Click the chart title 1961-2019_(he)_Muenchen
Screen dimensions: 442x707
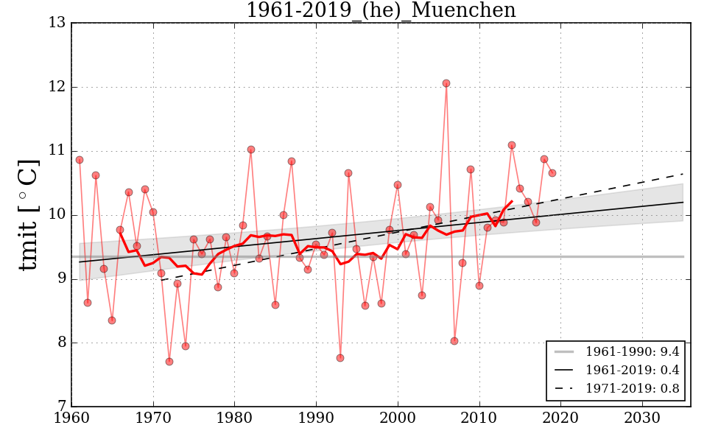click(381, 11)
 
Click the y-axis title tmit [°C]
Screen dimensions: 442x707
click(28, 214)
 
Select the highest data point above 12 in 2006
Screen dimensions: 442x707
click(446, 83)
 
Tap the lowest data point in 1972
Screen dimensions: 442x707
click(169, 362)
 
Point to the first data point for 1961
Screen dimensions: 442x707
click(80, 160)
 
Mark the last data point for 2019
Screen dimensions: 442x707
click(552, 173)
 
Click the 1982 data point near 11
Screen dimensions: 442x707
click(251, 150)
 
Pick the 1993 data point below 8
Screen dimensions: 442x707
click(340, 358)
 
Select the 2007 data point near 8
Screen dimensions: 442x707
click(454, 341)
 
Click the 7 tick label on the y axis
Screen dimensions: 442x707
click(61, 407)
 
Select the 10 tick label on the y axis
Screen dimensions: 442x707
click(57, 215)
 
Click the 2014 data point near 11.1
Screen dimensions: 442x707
click(512, 145)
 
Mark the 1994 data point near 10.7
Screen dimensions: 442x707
click(348, 173)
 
